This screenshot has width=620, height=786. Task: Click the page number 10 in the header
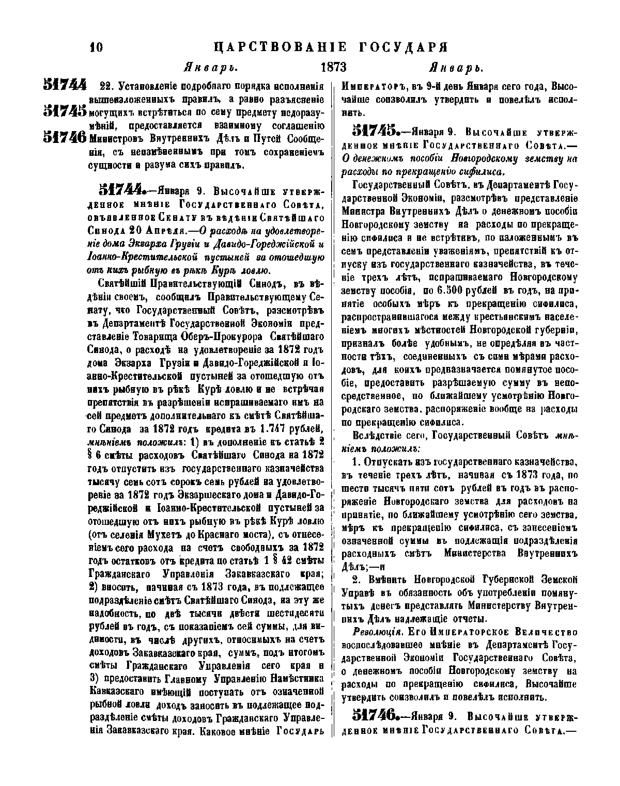[x=96, y=48]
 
